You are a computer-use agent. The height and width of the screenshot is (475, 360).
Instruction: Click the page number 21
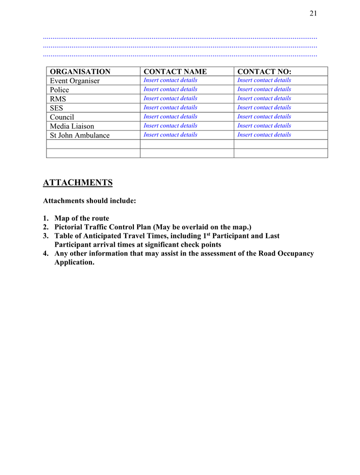tap(313, 14)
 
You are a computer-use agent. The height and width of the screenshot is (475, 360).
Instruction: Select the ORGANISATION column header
tap(80, 72)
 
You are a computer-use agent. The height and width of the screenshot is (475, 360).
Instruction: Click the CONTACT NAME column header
tap(175, 72)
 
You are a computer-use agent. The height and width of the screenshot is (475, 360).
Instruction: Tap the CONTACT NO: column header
tap(265, 72)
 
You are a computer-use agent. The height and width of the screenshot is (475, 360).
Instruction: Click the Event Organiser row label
tap(75, 81)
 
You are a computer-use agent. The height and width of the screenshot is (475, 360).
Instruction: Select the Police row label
tap(60, 90)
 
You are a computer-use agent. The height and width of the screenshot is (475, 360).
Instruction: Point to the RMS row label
tap(58, 99)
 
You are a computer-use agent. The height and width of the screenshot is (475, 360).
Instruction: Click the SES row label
tap(57, 108)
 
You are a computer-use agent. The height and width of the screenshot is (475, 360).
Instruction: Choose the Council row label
tap(62, 117)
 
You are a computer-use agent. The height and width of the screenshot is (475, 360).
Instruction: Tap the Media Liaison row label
tap(72, 126)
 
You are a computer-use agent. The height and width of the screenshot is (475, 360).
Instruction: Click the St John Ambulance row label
tap(80, 135)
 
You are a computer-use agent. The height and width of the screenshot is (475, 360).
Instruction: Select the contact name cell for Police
tap(171, 89)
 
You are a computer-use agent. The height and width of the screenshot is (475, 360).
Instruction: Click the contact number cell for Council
tap(264, 117)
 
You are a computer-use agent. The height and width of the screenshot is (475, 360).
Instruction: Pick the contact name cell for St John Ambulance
tap(171, 135)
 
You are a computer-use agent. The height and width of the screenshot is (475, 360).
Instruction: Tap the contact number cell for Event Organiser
tap(264, 80)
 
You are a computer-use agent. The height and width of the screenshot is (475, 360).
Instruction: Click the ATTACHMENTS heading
tap(78, 182)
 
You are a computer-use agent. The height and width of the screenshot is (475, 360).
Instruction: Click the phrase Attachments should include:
tap(90, 201)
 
